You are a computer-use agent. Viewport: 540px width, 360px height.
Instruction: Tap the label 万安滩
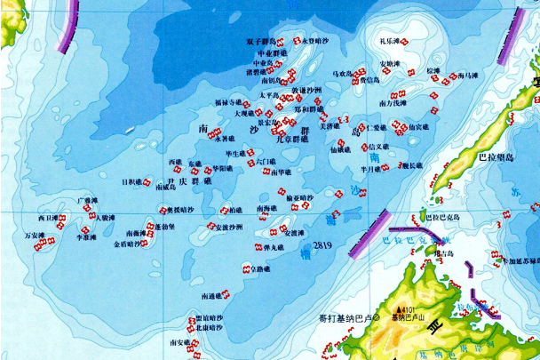click(34, 235)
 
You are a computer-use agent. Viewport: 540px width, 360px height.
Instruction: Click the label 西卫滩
click(47, 217)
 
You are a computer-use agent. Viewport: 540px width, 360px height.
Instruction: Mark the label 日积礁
click(131, 181)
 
